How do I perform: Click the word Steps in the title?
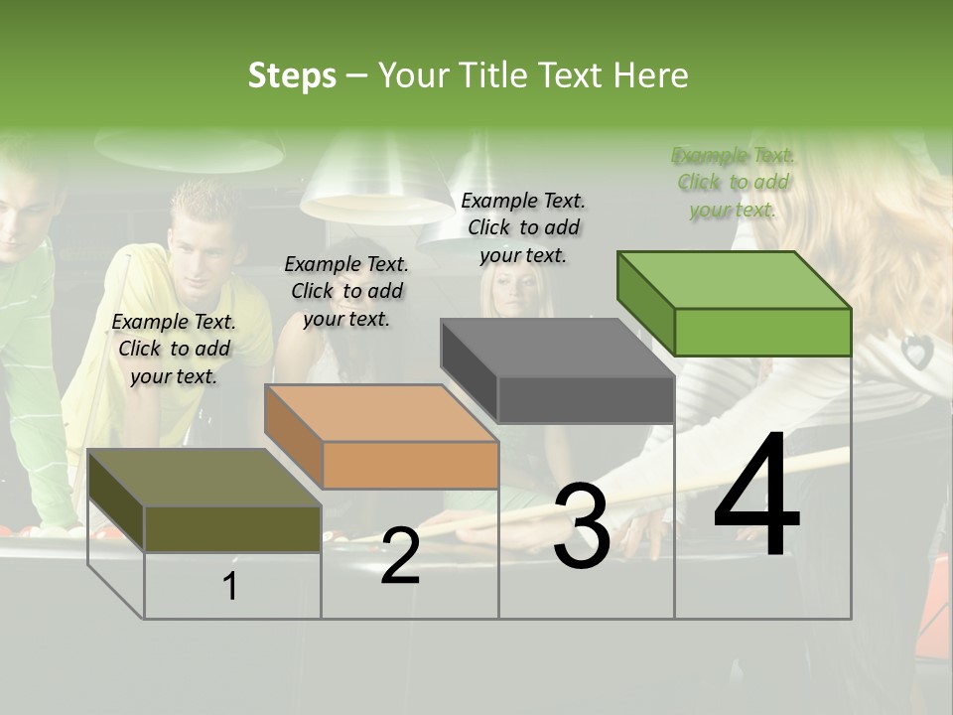point(292,75)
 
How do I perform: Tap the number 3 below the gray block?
point(581,527)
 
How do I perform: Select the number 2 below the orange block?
point(400,556)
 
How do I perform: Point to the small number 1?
point(230,587)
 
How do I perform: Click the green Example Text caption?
point(733,182)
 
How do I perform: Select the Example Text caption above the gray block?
point(523,227)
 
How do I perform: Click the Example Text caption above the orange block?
point(346,291)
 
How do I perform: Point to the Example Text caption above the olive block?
point(174,349)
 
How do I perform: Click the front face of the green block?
point(762,332)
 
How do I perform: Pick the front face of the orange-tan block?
point(410,465)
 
